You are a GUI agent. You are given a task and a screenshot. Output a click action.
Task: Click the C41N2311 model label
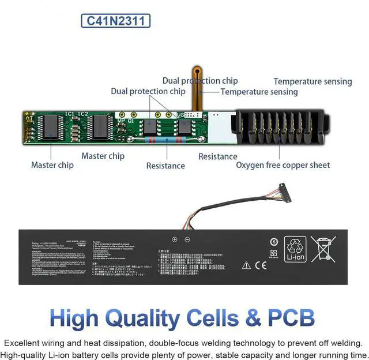(116, 21)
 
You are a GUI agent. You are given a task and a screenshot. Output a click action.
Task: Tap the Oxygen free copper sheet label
(283, 165)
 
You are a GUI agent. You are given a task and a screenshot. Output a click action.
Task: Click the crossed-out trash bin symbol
(323, 249)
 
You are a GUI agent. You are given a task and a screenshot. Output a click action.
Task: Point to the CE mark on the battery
(261, 265)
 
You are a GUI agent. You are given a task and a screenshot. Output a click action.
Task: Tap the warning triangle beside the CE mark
(246, 265)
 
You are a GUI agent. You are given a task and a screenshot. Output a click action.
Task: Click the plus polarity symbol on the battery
(175, 239)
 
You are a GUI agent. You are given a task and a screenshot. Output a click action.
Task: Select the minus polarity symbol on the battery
(187, 239)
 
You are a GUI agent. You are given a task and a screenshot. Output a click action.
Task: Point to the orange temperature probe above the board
(197, 87)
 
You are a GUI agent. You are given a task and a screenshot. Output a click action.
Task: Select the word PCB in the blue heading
(288, 318)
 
